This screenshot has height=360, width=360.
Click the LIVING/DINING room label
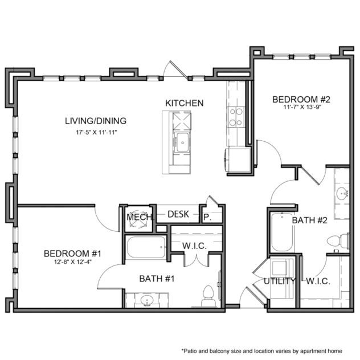95,121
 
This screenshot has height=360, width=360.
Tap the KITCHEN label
184,103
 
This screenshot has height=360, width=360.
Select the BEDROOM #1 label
73,253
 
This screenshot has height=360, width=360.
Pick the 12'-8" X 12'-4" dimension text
73,263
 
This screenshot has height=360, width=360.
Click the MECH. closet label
137,216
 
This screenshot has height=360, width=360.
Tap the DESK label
178,214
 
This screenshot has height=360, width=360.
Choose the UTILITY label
279,281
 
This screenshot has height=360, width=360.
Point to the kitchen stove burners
235,116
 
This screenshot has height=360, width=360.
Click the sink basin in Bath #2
342,193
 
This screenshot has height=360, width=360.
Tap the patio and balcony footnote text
268,351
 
